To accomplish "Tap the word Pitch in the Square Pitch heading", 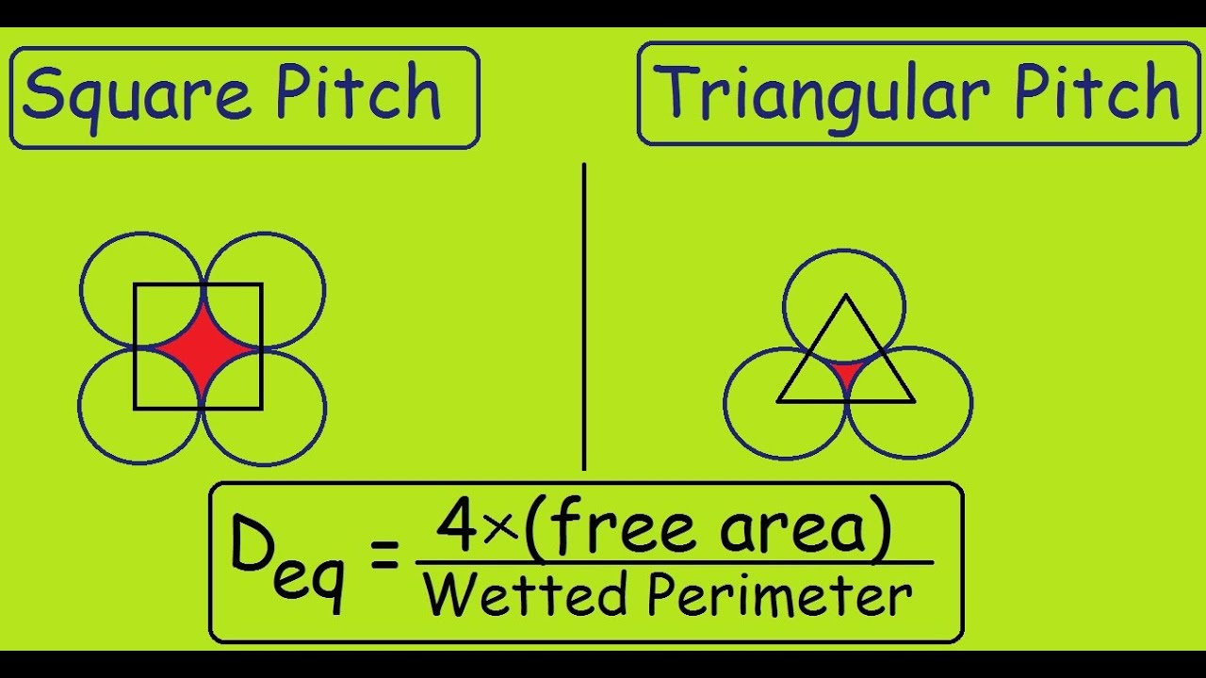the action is point(359,90).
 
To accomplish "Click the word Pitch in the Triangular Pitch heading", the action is point(1098,90).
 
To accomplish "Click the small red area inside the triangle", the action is point(847,374).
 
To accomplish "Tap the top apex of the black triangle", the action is point(846,295).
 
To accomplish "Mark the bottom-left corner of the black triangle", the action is point(777,401).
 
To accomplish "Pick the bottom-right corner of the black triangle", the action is point(914,401).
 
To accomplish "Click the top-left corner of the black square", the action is point(135,284).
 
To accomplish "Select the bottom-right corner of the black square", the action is point(262,409).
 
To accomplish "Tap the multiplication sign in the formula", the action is point(500,529).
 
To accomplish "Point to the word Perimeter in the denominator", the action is point(780,594).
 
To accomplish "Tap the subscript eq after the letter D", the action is point(309,587).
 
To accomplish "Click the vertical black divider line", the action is point(584,316).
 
